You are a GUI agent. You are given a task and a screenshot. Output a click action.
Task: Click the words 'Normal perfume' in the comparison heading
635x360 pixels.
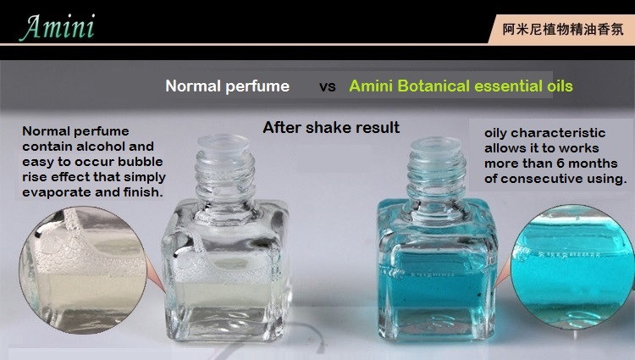[x=227, y=86]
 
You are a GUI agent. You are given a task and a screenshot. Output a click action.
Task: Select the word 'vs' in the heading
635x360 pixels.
[x=327, y=86]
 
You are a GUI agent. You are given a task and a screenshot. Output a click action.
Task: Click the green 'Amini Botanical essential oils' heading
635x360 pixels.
[x=461, y=86]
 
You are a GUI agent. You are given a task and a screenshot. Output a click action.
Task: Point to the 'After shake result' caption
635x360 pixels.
[x=331, y=128]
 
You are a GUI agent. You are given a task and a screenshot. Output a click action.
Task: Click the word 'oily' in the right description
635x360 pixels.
[x=499, y=133]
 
